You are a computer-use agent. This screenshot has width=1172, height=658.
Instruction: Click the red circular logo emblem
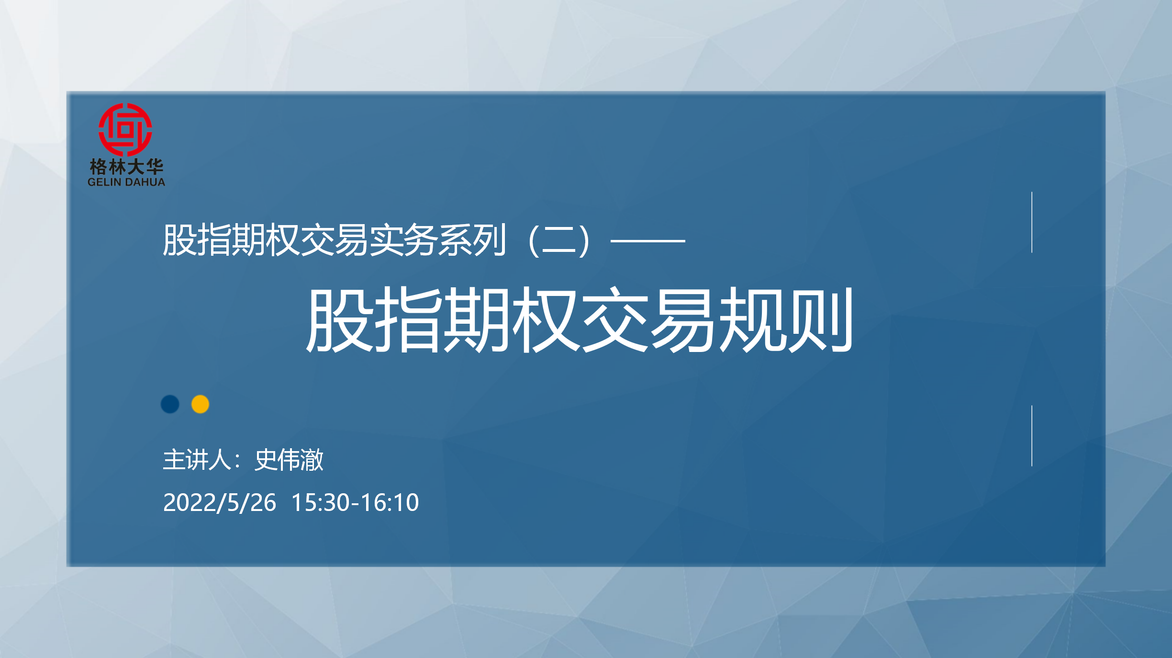point(125,129)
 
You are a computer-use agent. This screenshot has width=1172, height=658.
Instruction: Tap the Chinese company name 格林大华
point(126,167)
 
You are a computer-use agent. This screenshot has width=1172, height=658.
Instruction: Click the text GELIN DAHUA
point(126,182)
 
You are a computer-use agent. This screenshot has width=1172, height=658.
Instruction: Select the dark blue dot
point(170,404)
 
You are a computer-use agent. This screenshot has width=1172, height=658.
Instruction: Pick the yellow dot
point(200,404)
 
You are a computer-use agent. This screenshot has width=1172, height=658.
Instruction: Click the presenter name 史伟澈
point(289,460)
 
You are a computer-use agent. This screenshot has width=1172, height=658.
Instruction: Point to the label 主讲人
point(197,460)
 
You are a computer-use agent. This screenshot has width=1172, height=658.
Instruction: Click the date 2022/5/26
point(220,503)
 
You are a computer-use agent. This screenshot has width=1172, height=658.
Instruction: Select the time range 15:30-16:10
point(355,503)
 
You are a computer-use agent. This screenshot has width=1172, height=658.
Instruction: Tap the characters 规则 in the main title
point(786,320)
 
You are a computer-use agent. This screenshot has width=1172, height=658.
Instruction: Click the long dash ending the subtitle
point(648,241)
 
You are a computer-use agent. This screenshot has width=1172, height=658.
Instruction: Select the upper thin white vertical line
point(1032,222)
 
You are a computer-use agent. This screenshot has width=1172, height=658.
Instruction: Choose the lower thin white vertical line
point(1032,436)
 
